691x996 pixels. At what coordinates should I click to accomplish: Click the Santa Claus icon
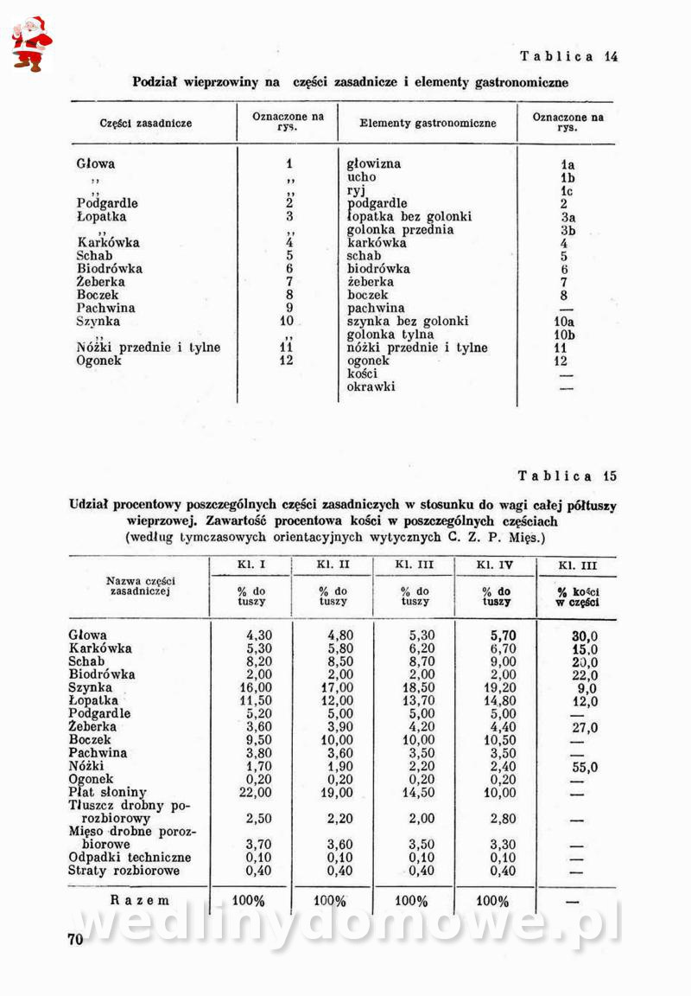point(31,43)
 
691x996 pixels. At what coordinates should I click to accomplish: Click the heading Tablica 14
point(568,57)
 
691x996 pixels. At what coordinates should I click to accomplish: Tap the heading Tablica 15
point(567,476)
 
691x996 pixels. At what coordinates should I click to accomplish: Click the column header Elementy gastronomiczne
point(428,123)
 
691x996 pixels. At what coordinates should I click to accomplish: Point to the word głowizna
point(374,163)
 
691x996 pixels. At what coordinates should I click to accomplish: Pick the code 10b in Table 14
point(565,335)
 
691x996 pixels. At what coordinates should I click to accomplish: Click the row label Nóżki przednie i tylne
point(148,348)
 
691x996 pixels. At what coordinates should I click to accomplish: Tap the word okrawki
point(371,386)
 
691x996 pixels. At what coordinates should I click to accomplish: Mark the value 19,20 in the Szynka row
point(498,688)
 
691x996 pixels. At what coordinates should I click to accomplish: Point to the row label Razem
point(140,900)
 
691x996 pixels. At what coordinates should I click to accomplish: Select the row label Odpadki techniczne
point(130,858)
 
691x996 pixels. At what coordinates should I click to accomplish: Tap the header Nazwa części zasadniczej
point(140,585)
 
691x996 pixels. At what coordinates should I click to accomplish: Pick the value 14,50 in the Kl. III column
point(416,792)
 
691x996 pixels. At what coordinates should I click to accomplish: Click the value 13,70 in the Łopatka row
point(416,701)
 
